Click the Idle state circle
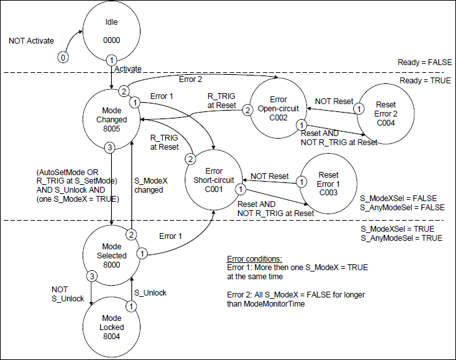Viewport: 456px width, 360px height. (x=111, y=31)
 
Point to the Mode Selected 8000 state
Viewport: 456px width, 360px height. (x=111, y=256)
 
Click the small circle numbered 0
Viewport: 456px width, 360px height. (x=62, y=57)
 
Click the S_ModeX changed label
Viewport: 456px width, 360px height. (x=148, y=186)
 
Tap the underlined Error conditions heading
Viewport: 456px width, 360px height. (x=254, y=258)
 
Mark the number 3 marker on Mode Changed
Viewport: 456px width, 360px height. (x=110, y=148)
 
